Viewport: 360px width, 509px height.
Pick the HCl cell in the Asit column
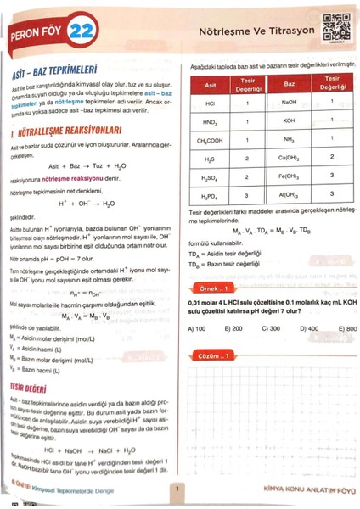[x=208, y=100]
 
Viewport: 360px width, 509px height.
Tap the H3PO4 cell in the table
[x=209, y=197]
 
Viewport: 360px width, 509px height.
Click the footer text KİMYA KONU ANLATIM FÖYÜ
[x=298, y=489]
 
